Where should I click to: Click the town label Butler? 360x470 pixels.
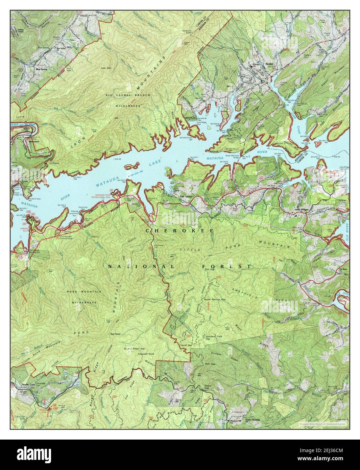(x=269, y=64)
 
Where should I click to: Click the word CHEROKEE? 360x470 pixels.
(x=179, y=230)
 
